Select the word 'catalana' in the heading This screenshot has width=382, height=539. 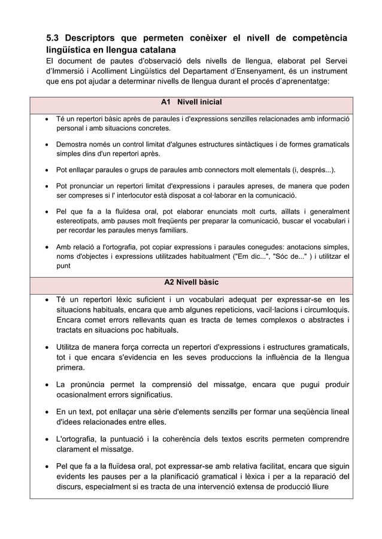click(x=156, y=50)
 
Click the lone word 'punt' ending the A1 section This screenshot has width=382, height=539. click(x=63, y=267)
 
